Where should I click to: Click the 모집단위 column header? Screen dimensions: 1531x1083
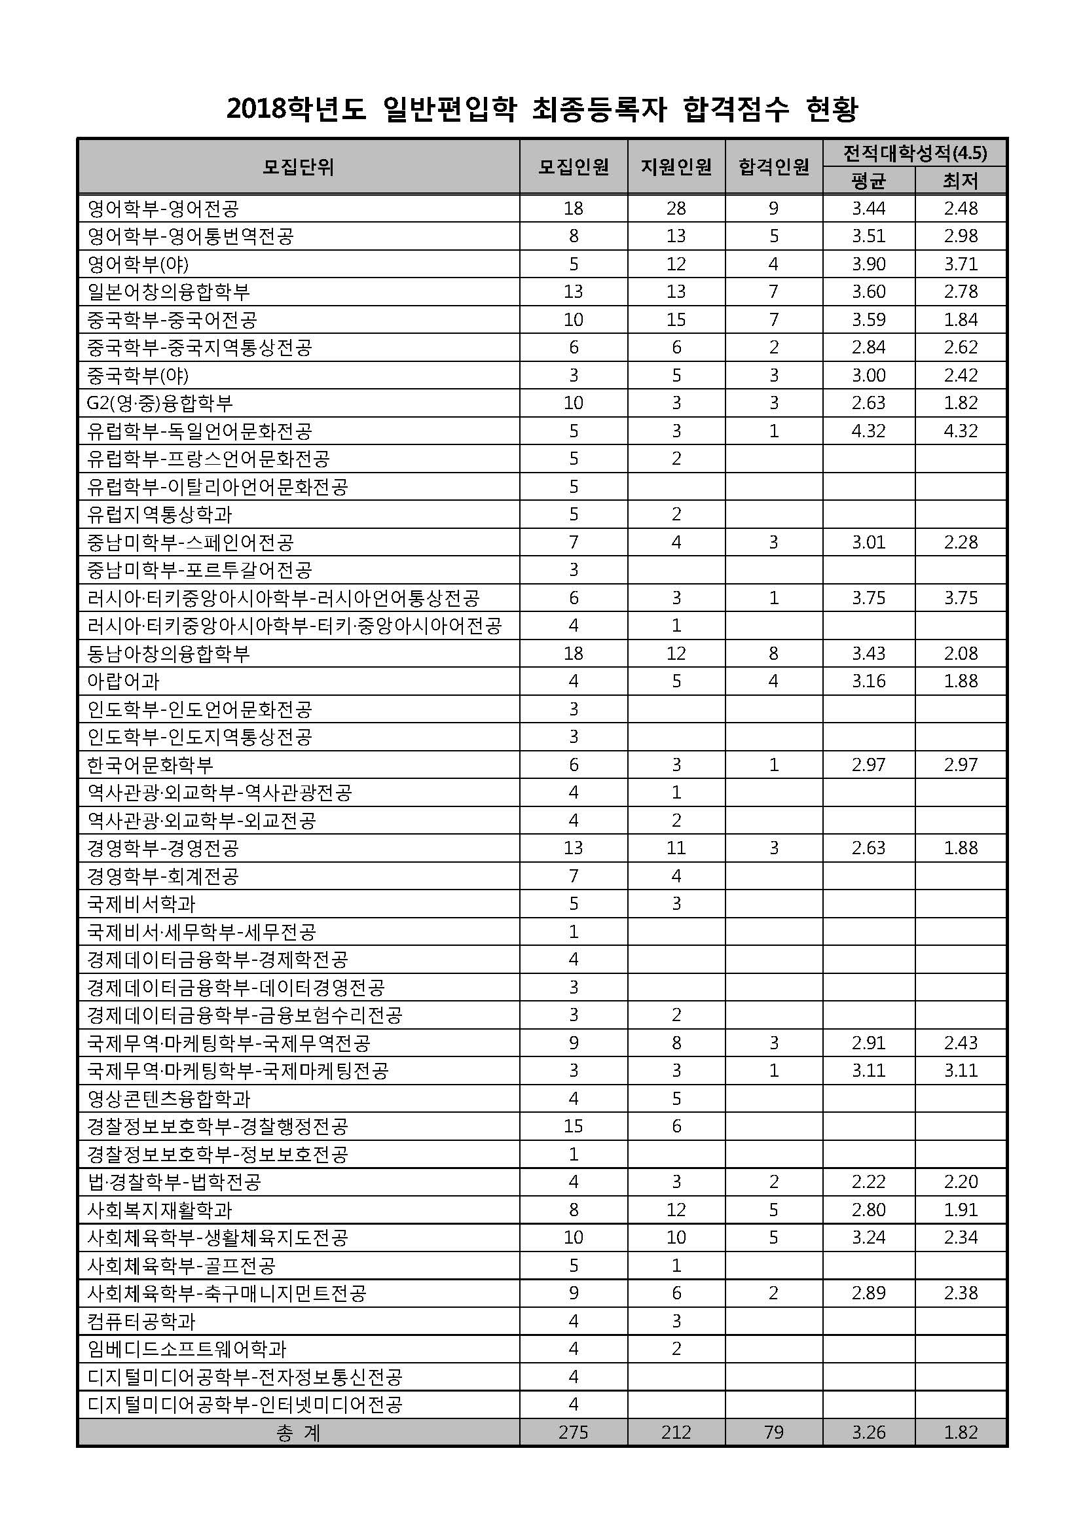[298, 167]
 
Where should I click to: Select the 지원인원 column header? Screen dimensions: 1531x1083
[676, 167]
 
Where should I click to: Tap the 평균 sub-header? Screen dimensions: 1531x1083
[868, 181]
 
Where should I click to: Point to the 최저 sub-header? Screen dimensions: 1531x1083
[961, 181]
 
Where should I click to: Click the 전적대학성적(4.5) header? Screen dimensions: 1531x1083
[914, 153]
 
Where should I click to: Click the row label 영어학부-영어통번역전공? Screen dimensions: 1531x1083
[191, 236]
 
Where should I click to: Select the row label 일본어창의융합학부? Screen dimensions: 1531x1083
[169, 292]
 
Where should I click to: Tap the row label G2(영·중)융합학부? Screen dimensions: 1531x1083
[160, 403]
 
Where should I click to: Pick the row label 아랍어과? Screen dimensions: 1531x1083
[123, 681]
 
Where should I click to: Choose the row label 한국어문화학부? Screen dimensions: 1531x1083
[151, 765]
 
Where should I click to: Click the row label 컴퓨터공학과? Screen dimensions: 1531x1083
[141, 1321]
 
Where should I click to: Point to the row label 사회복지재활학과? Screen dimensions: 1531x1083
[160, 1210]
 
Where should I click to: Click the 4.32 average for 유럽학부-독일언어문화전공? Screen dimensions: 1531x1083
[868, 431]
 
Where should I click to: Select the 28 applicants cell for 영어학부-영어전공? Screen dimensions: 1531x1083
[676, 209]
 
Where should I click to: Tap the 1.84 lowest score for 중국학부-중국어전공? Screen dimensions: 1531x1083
[961, 320]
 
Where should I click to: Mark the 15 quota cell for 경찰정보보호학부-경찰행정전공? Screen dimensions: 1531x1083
[573, 1126]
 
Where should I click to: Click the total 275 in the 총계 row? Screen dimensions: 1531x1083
[573, 1432]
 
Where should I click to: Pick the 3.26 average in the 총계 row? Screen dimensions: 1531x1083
[868, 1432]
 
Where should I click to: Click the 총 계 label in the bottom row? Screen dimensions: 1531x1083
[298, 1433]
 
